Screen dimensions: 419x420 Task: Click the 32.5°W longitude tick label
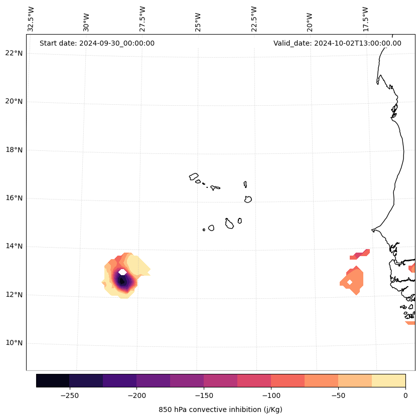pyautogui.click(x=31, y=19)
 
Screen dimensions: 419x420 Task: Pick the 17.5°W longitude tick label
pyautogui.click(x=365, y=19)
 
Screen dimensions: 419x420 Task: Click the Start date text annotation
pyautogui.click(x=97, y=43)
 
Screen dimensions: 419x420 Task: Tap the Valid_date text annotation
pyautogui.click(x=337, y=43)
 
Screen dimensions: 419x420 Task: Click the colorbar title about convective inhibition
pyautogui.click(x=220, y=409)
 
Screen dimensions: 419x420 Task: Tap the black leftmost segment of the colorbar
pyautogui.click(x=53, y=380)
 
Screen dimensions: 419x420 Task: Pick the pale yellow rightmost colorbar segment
pyautogui.click(x=388, y=380)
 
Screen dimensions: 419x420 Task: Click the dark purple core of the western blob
pyautogui.click(x=122, y=282)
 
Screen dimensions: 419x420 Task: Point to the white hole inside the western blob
pyautogui.click(x=122, y=272)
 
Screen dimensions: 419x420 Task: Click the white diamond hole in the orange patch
pyautogui.click(x=350, y=282)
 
